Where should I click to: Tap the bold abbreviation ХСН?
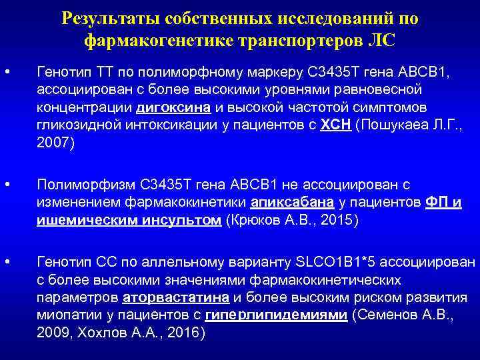339,125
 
